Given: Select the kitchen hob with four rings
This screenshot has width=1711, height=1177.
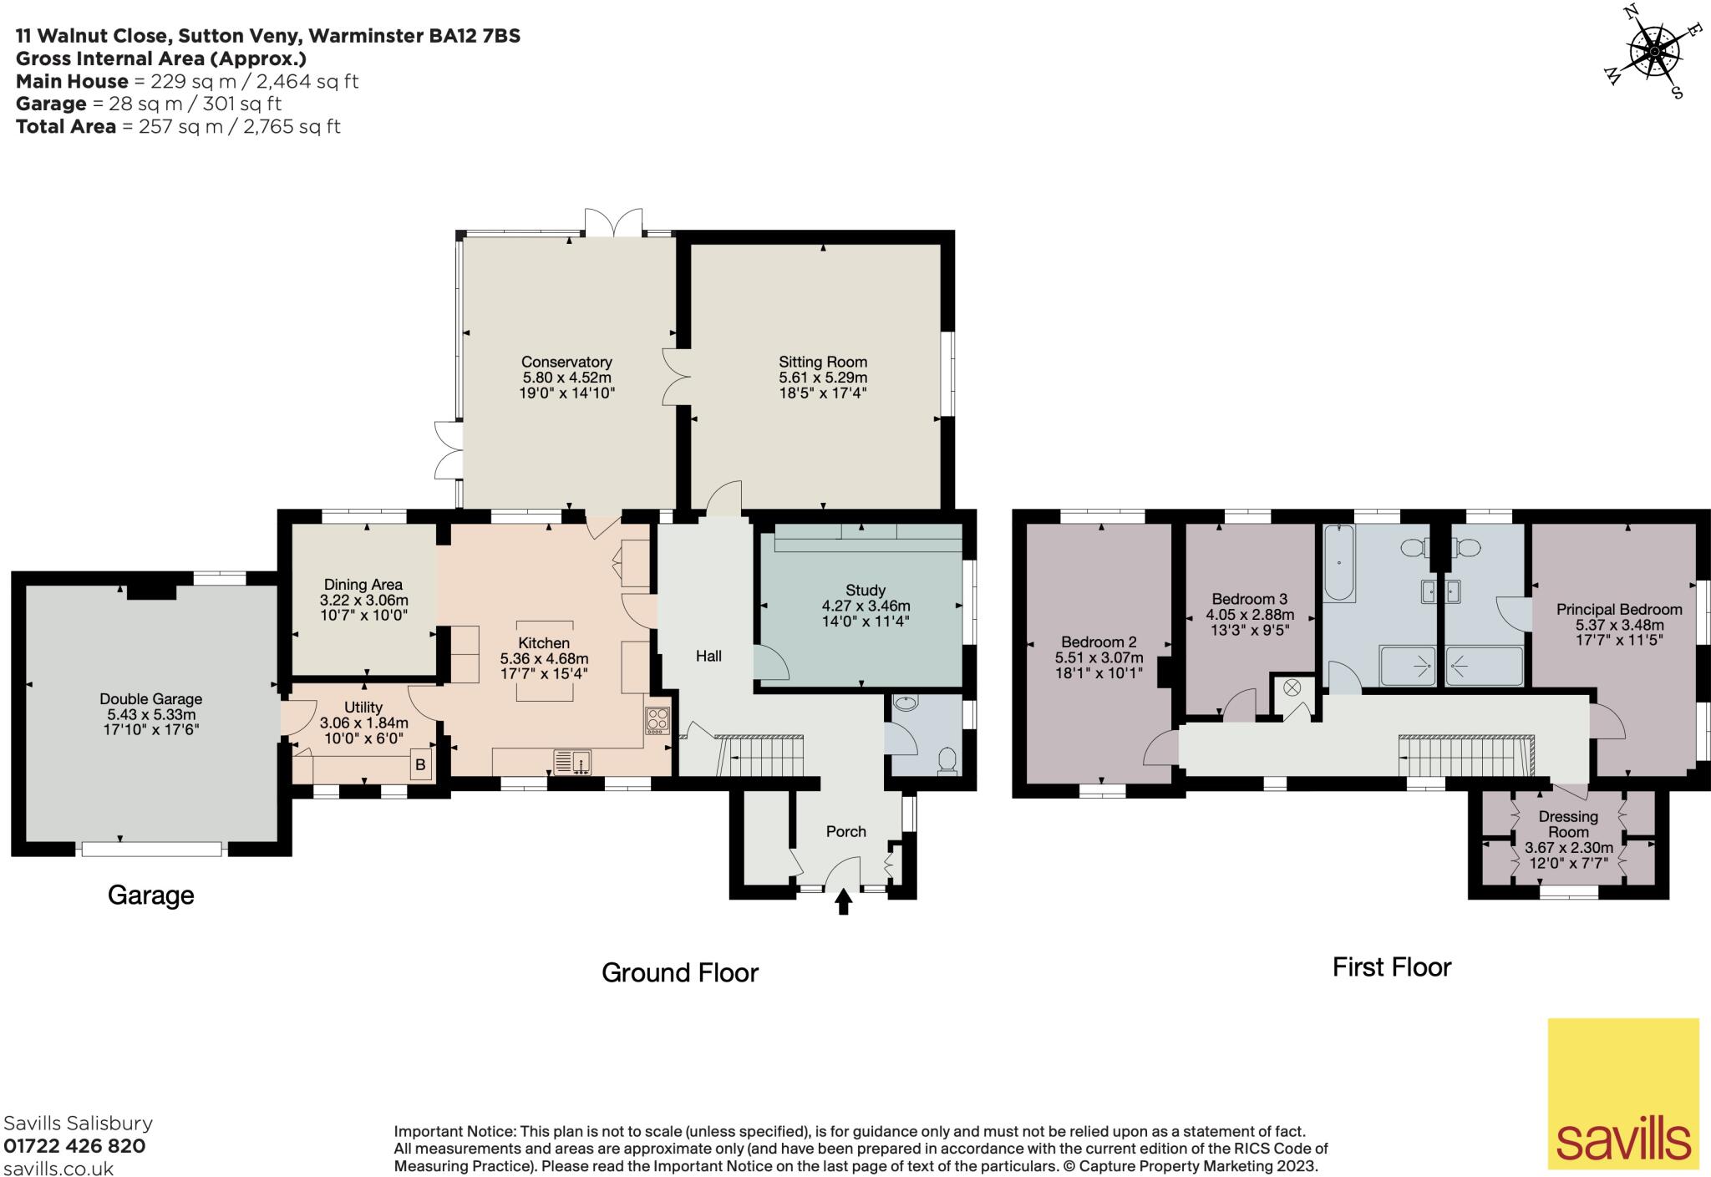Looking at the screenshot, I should coord(657,721).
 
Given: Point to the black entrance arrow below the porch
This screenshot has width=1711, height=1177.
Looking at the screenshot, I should coord(843,901).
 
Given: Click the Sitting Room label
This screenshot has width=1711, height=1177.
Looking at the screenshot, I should coord(823,363).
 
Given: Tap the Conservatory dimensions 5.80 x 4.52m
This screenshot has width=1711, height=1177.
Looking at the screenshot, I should coord(566,378).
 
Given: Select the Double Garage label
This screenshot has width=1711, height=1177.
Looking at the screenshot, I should coord(150,699).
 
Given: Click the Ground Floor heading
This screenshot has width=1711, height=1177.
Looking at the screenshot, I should coord(679,972).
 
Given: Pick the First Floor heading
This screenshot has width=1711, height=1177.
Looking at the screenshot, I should coord(1391,967).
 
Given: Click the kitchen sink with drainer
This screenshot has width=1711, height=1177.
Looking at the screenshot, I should coord(573,763).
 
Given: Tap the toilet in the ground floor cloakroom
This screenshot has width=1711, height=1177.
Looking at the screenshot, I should coord(947,760).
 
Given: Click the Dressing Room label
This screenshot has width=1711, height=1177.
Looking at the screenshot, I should coord(1568,824).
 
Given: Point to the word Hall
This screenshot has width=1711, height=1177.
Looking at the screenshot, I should coord(708,657).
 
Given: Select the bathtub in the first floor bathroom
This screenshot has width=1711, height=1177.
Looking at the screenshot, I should coord(1339,562).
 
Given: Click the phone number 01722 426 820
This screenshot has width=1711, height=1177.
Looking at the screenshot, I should coord(74,1146).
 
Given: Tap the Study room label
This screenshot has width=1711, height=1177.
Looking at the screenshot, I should coord(866,590).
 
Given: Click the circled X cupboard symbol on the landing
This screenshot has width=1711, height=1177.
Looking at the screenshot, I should coord(1292,687).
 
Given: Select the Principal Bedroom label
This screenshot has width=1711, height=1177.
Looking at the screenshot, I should coord(1618,610).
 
